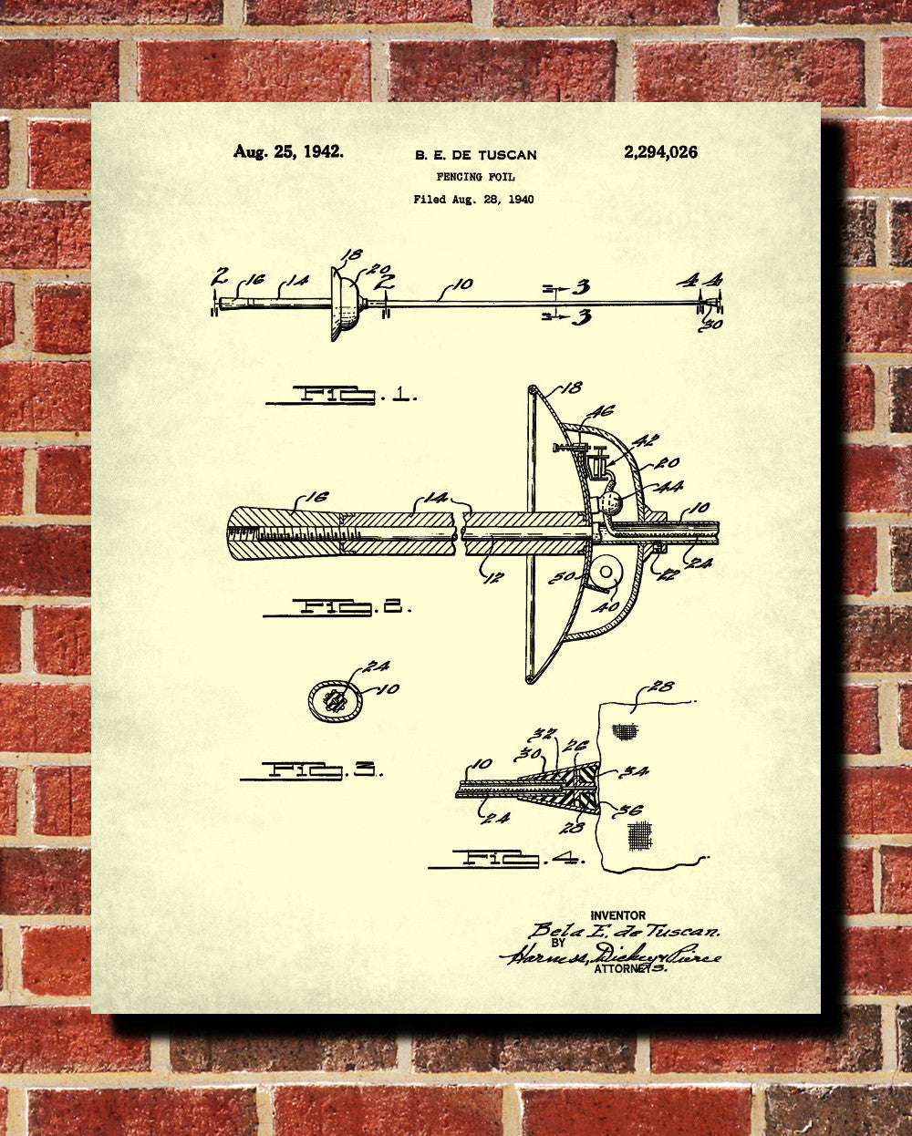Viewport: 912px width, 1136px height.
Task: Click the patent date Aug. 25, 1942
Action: tap(288, 152)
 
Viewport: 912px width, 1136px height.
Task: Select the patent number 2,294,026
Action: tap(660, 152)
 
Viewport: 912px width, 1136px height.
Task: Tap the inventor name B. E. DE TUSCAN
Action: tap(475, 155)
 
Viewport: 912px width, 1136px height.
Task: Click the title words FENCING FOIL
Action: tap(475, 177)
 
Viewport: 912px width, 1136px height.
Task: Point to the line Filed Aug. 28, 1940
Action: tap(473, 199)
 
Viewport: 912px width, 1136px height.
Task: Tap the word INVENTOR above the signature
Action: tap(617, 915)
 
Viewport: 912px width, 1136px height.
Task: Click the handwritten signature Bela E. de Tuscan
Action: tap(624, 931)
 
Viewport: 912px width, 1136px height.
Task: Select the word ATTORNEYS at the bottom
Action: tap(629, 969)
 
